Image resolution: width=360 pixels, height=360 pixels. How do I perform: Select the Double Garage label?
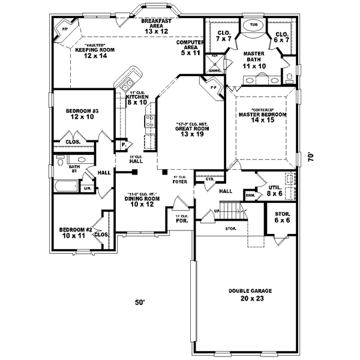[250, 294]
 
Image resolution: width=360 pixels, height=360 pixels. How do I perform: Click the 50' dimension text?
[140, 304]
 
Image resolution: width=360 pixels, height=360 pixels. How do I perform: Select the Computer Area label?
[190, 47]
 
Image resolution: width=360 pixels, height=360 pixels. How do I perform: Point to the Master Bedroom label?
[262, 118]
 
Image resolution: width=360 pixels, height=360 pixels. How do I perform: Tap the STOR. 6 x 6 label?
[282, 217]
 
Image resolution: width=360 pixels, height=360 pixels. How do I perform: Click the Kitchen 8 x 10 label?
[137, 100]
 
